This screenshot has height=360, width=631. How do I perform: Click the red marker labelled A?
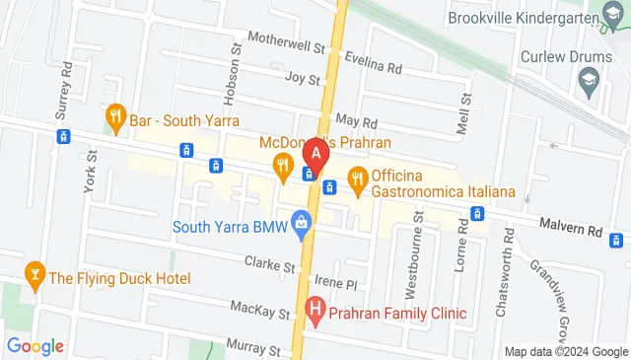click(x=315, y=155)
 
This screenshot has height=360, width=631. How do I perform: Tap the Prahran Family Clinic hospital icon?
click(x=315, y=315)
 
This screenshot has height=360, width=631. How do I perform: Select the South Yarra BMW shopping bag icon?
click(x=302, y=228)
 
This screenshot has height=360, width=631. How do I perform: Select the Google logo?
click(x=35, y=346)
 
